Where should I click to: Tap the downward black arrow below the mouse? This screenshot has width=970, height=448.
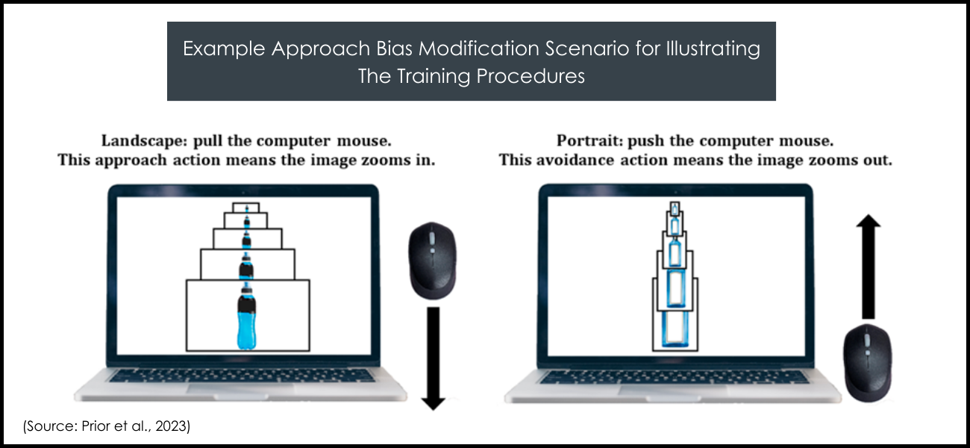[433, 358]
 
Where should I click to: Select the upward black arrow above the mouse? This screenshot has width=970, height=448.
[869, 267]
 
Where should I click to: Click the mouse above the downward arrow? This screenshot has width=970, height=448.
[432, 261]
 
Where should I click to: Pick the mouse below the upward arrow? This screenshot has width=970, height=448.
[867, 363]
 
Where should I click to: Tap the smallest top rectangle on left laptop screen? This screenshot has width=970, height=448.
[246, 208]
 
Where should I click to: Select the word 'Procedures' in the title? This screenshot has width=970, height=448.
[531, 76]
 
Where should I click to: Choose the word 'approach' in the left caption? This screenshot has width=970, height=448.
[131, 161]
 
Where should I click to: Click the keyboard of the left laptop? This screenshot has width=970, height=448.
[242, 376]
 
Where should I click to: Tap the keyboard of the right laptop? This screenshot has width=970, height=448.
[674, 377]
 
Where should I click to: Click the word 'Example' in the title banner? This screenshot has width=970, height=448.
[224, 49]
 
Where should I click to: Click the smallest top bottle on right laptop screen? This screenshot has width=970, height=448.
[675, 208]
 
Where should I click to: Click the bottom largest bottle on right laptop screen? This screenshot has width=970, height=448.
[675, 329]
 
